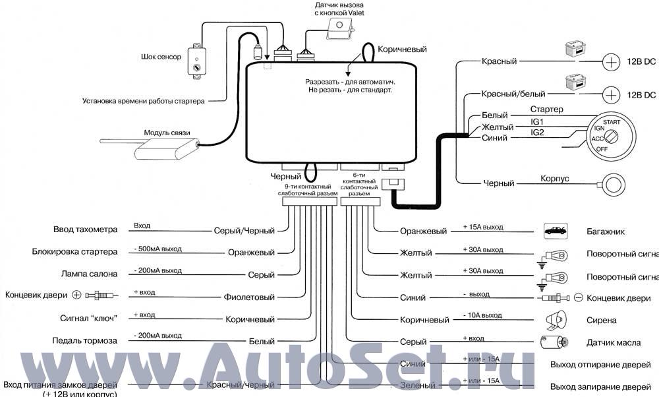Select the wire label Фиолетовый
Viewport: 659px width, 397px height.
click(x=250, y=297)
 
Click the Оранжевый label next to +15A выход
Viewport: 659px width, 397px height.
click(x=423, y=231)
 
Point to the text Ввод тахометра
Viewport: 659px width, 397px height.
click(x=85, y=229)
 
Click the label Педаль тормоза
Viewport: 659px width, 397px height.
click(x=85, y=340)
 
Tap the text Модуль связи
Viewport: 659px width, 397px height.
click(x=167, y=133)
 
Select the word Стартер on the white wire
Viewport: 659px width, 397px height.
click(x=546, y=109)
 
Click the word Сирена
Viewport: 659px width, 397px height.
click(x=602, y=321)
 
